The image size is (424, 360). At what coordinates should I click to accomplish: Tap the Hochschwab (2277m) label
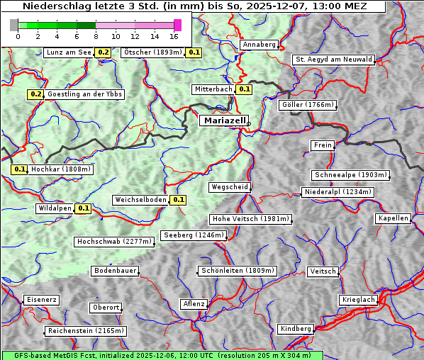[x=114, y=242]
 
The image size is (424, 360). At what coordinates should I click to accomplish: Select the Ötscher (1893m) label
[x=153, y=52]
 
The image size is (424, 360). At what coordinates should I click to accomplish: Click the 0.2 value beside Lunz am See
[x=104, y=52]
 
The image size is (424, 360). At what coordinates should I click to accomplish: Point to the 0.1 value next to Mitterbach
[x=245, y=89]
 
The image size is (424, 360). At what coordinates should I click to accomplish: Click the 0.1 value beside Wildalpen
[x=84, y=208]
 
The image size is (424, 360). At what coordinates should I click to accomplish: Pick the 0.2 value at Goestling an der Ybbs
[x=36, y=94]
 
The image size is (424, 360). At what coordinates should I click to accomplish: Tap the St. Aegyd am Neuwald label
[x=333, y=60]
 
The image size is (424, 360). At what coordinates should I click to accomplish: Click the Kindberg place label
[x=296, y=329]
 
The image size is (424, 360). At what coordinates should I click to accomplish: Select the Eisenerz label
[x=41, y=300]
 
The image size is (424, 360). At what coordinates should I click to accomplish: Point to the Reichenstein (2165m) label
[x=86, y=331]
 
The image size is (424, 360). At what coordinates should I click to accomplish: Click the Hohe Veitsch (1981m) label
[x=251, y=219]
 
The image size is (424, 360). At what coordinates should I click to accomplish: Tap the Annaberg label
[x=259, y=45]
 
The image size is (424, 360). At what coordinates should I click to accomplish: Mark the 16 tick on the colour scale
[x=174, y=36]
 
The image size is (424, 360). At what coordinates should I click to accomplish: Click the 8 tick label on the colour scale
[x=96, y=36]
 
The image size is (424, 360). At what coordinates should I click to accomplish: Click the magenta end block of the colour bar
[x=177, y=25]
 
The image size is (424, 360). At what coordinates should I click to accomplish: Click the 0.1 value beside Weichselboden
[x=178, y=200]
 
